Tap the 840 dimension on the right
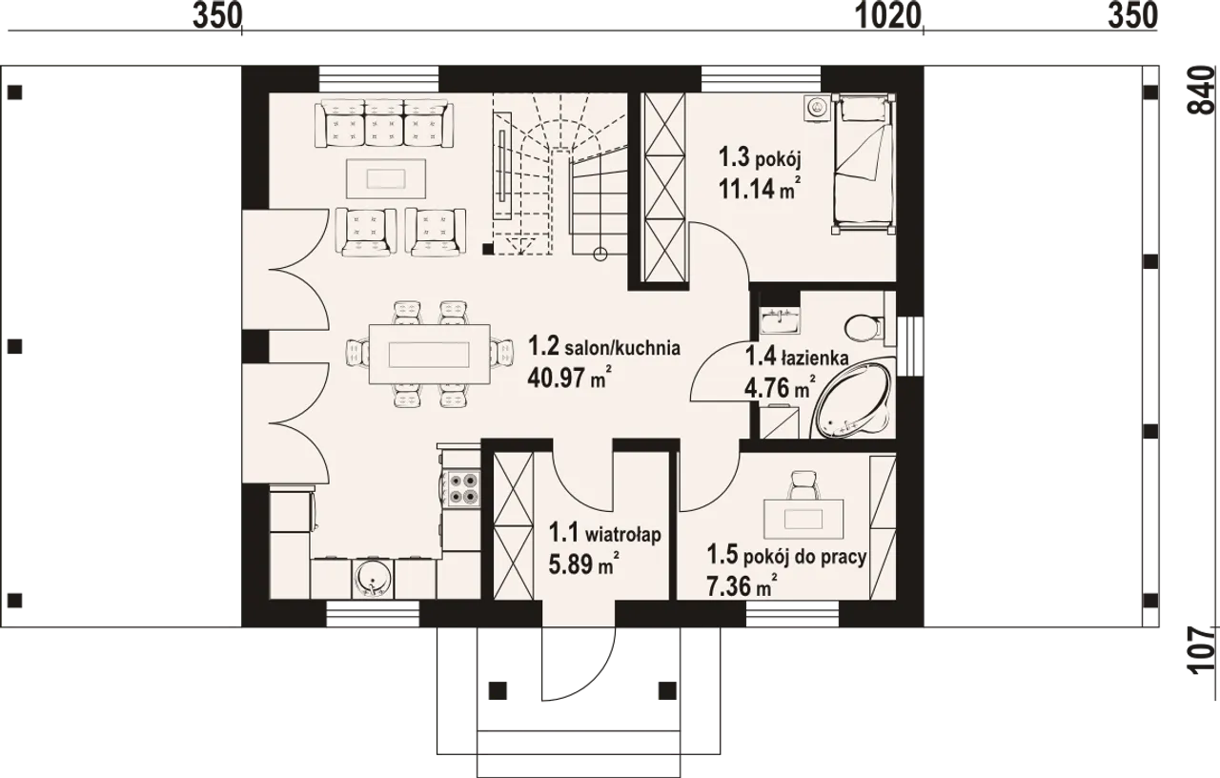coord(1202,91)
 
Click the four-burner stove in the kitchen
coord(462,488)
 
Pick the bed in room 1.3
coord(864,164)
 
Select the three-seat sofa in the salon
coord(384,123)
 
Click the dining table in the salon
coord(429,354)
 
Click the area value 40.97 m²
coord(569,378)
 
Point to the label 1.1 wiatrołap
coord(604,533)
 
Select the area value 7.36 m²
coord(742,586)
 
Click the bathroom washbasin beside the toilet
coord(781,319)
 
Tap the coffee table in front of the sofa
coord(386,178)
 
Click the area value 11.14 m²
coord(760,189)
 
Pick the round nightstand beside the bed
coord(816,108)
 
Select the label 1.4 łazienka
coord(796,358)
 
